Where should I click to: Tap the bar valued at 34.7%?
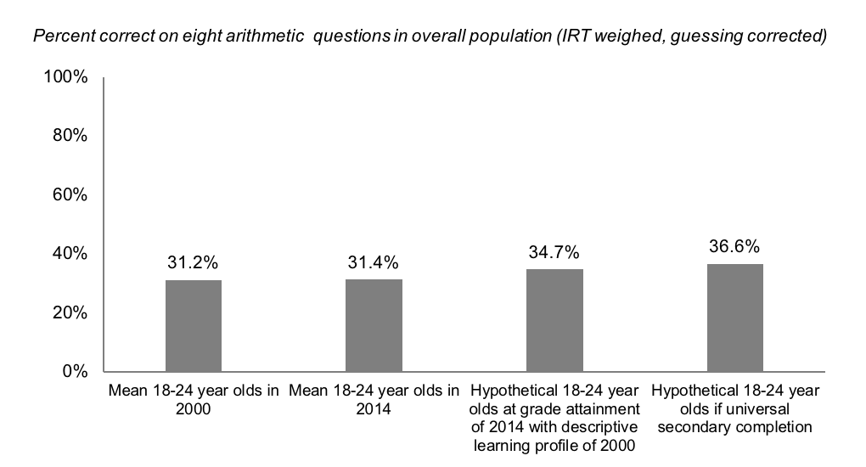pyautogui.click(x=554, y=320)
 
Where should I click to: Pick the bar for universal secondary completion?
pyautogui.click(x=735, y=318)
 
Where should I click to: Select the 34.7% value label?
pyautogui.click(x=554, y=253)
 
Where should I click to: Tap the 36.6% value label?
pyautogui.click(x=735, y=247)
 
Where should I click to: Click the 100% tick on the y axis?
pyautogui.click(x=65, y=78)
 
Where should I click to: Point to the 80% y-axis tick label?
pyautogui.click(x=69, y=136)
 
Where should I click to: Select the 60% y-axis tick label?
pyautogui.click(x=69, y=194)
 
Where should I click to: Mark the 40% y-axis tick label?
pyautogui.click(x=69, y=254)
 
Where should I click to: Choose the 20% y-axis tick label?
pyautogui.click(x=69, y=312)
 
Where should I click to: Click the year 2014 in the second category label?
pyautogui.click(x=374, y=408)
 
